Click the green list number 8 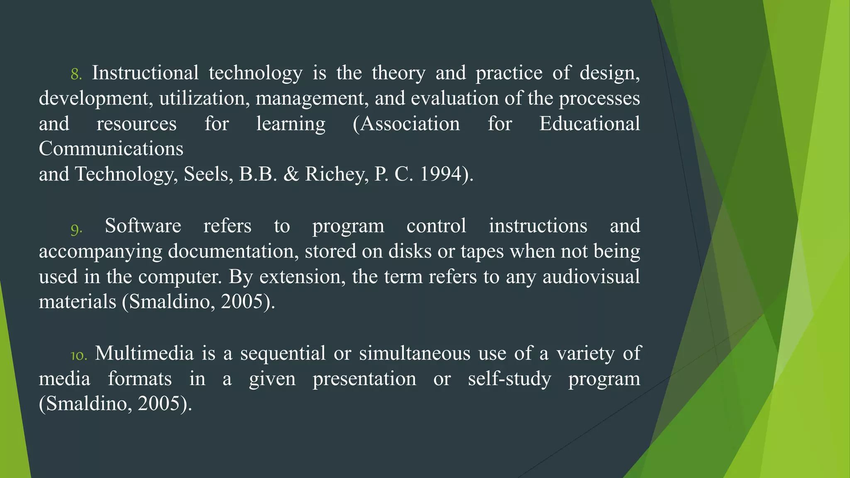click(76, 74)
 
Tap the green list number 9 click(76, 229)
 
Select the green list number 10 click(78, 356)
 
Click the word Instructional click(145, 73)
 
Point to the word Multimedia click(144, 354)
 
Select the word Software click(143, 226)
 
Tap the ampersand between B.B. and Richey click(291, 174)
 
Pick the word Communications click(111, 149)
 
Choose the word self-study click(510, 379)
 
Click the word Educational click(589, 124)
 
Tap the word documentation click(233, 251)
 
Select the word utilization click(205, 98)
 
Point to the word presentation click(364, 379)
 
